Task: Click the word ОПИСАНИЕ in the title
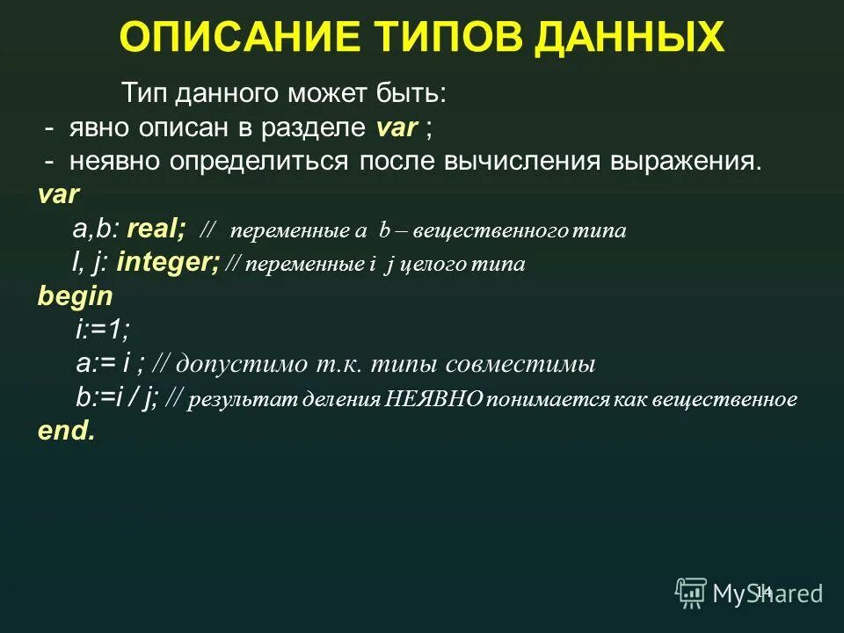point(228,38)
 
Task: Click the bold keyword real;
point(156,230)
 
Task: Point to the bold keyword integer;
point(168,262)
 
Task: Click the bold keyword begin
point(75,295)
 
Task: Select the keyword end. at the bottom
point(66,431)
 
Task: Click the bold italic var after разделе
point(396,128)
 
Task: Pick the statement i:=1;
point(102,330)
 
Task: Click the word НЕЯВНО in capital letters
point(434,399)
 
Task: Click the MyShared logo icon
point(691,593)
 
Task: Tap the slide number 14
point(763,592)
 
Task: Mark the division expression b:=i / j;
point(117,397)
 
